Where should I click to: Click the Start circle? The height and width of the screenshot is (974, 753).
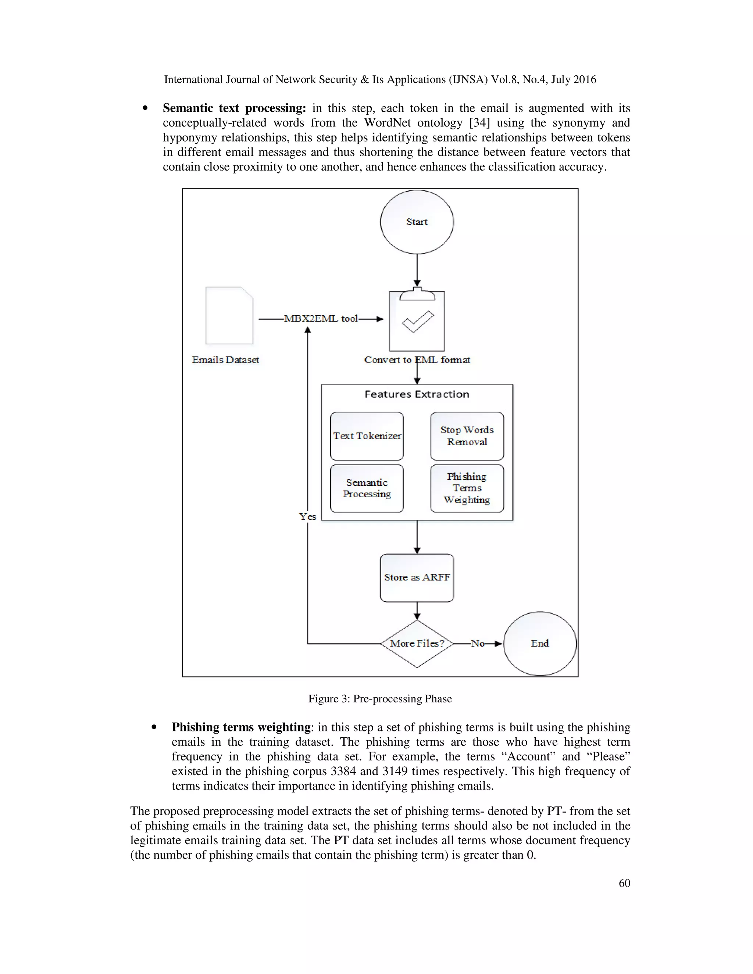[417, 222]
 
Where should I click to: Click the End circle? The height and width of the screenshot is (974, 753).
[539, 643]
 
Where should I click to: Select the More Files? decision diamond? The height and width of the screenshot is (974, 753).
[417, 643]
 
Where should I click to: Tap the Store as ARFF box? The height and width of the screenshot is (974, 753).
[417, 577]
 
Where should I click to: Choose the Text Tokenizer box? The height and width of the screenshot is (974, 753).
[367, 436]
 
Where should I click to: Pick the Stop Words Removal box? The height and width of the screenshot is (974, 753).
[467, 436]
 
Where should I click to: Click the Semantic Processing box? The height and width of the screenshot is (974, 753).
[367, 488]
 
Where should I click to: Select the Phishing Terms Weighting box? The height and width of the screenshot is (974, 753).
[467, 488]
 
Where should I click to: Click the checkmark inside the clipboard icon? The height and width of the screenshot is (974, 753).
[418, 322]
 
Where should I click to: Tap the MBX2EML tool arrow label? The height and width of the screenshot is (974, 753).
[321, 318]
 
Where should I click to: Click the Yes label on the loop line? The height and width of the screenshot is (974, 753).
[307, 516]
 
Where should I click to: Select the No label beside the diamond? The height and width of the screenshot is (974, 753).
[477, 643]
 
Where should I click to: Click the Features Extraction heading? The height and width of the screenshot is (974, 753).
[417, 394]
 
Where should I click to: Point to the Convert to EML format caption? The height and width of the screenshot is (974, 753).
[417, 360]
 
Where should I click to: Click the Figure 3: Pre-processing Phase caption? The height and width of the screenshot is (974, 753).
[379, 699]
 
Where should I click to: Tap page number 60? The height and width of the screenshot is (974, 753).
[624, 883]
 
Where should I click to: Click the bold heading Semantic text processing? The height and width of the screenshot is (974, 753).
[234, 108]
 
